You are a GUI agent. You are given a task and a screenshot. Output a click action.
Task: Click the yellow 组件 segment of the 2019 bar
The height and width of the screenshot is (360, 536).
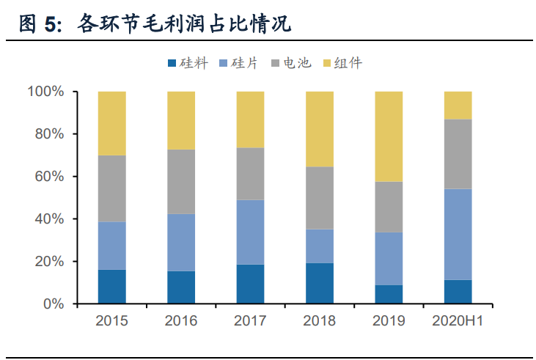click(389, 136)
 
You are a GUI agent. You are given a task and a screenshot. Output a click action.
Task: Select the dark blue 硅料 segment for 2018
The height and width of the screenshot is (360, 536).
click(319, 283)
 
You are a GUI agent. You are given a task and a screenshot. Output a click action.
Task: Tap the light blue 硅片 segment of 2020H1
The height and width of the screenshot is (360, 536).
click(458, 234)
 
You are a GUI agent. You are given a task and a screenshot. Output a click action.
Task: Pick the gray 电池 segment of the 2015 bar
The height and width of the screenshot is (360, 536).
click(111, 188)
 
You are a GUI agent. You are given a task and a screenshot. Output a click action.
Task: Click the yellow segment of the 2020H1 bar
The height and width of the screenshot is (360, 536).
click(458, 105)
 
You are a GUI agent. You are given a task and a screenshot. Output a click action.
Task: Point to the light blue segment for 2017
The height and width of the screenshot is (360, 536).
click(250, 232)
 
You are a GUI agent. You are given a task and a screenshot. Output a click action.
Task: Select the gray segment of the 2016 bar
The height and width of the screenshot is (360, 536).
click(181, 181)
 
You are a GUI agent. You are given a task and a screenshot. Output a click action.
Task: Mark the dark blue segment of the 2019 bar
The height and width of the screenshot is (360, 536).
click(389, 294)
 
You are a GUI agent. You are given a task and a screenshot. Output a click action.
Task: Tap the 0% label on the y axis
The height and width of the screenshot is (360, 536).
click(54, 304)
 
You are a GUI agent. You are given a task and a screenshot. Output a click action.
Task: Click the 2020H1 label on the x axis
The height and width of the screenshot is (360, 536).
click(458, 320)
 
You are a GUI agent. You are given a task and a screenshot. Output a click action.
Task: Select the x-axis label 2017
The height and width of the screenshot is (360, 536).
click(250, 320)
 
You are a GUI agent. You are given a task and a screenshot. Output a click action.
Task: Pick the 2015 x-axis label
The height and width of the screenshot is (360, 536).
click(111, 320)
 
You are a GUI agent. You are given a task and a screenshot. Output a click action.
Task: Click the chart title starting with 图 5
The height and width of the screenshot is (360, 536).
click(154, 24)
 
